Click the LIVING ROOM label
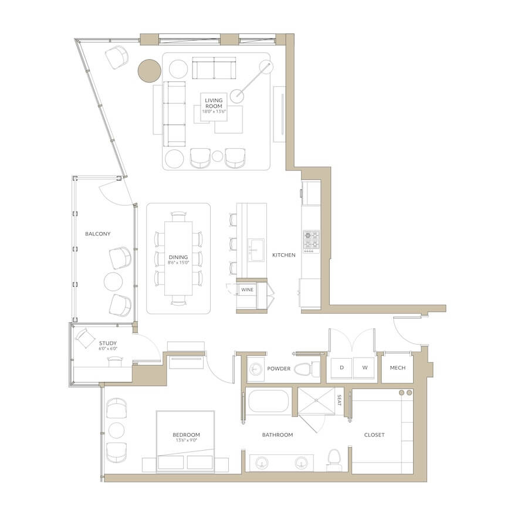(214, 103)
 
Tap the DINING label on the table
(178, 257)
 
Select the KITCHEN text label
(284, 255)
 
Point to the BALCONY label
(98, 234)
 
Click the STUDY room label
(108, 343)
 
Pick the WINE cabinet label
(247, 290)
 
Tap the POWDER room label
(279, 369)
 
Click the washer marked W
(365, 368)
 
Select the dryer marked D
(341, 368)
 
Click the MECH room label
(398, 368)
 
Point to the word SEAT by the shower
(339, 400)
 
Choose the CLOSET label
(374, 435)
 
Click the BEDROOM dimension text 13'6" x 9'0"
(187, 440)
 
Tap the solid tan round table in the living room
(150, 71)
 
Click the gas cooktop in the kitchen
(311, 240)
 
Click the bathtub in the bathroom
(269, 402)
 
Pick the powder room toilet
(307, 369)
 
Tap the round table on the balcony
(113, 282)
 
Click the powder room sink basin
(256, 369)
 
